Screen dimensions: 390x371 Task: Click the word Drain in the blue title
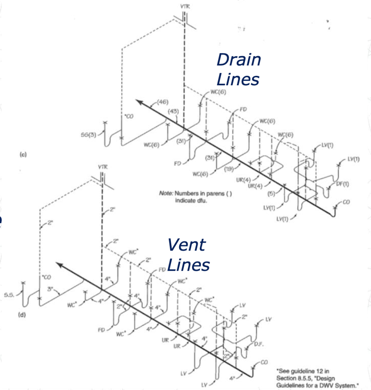coord(239,60)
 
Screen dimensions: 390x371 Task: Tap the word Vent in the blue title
coord(186,245)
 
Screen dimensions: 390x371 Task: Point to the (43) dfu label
coord(173,111)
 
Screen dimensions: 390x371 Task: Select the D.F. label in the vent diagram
coord(259,345)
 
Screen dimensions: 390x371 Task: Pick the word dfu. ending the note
coord(201,200)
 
